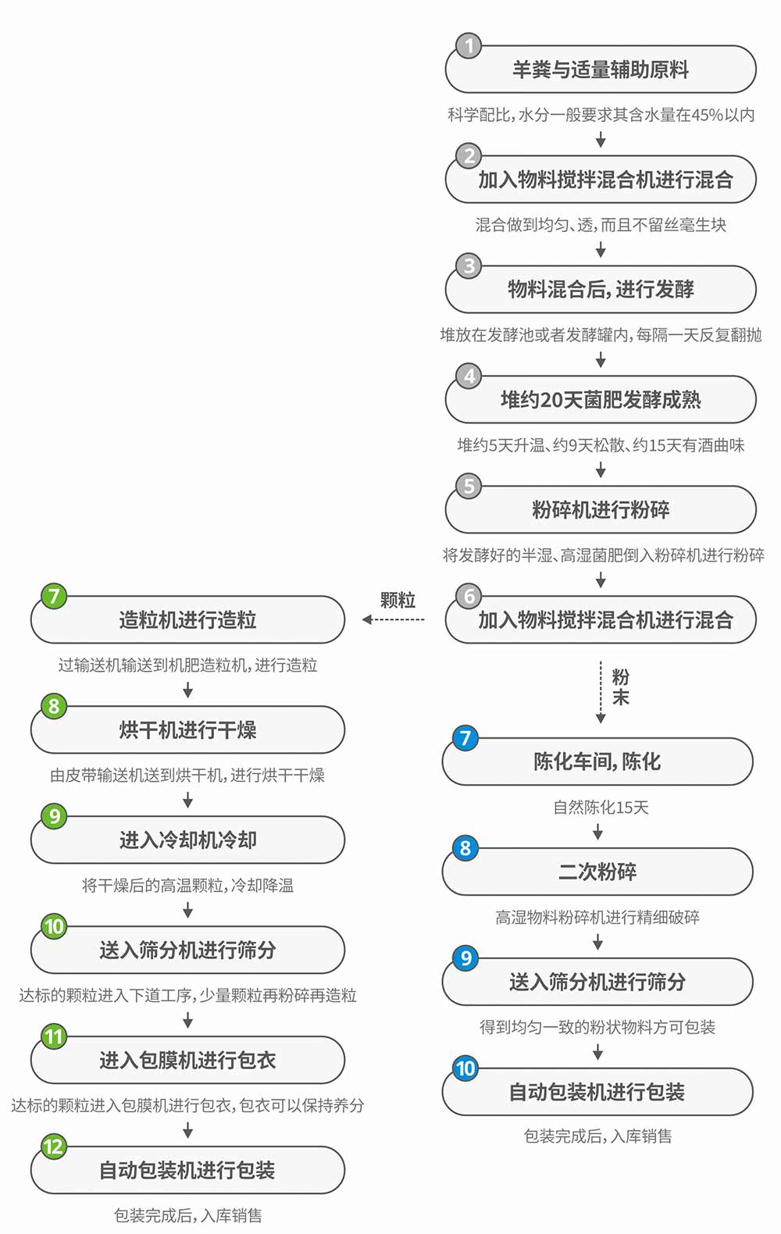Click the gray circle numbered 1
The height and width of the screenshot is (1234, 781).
pyautogui.click(x=469, y=46)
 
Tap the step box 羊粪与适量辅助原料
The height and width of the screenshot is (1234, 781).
pyautogui.click(x=601, y=70)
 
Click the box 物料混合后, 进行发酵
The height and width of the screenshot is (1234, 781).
pyautogui.click(x=601, y=289)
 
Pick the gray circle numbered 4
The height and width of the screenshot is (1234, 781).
pyautogui.click(x=469, y=376)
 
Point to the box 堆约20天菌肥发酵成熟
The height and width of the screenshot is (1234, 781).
pyautogui.click(x=601, y=399)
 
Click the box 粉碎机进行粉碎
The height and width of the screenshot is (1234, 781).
pyautogui.click(x=601, y=509)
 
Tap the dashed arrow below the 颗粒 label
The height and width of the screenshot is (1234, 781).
pyautogui.click(x=394, y=620)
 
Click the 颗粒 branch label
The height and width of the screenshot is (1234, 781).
pyautogui.click(x=398, y=600)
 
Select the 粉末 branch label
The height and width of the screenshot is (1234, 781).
pyautogui.click(x=620, y=687)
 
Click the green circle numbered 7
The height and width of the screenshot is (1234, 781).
pyautogui.click(x=54, y=595)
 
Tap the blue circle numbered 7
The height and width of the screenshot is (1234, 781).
pyautogui.click(x=465, y=737)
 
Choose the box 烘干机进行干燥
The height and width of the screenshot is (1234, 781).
pyautogui.click(x=187, y=730)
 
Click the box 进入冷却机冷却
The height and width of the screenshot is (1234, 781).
pyautogui.click(x=187, y=840)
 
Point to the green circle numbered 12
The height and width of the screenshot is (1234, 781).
pyautogui.click(x=54, y=1147)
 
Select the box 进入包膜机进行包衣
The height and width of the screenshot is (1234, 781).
pyautogui.click(x=187, y=1060)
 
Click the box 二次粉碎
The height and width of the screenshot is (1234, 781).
pyautogui.click(x=597, y=872)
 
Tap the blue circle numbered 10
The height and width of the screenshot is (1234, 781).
pyautogui.click(x=465, y=1068)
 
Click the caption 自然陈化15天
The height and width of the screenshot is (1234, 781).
pyautogui.click(x=601, y=808)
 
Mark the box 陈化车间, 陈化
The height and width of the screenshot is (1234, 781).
pyautogui.click(x=597, y=761)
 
